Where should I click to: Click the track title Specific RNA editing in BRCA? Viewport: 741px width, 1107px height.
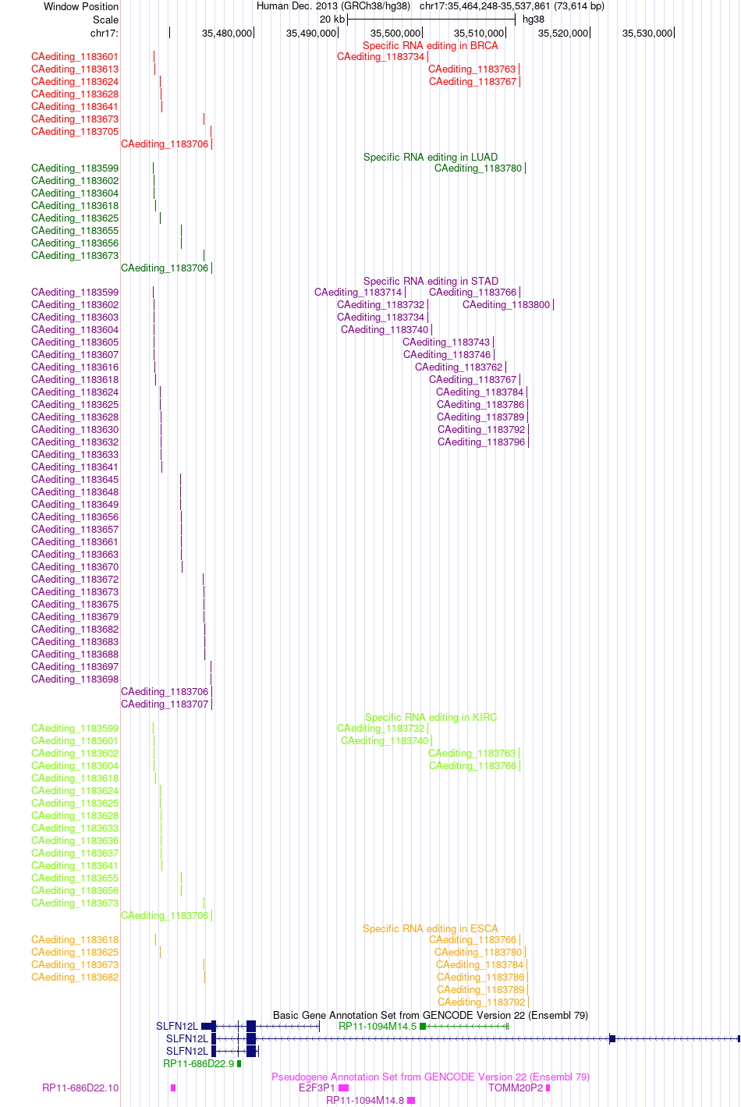(x=431, y=46)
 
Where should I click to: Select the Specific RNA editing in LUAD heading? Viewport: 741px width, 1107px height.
(x=431, y=157)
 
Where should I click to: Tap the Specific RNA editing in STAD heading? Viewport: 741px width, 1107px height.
(x=431, y=281)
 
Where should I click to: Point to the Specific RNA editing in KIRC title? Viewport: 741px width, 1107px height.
(x=431, y=717)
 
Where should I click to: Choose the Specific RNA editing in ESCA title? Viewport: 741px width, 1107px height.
(x=431, y=928)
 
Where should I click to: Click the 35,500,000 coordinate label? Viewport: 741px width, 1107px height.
(x=395, y=33)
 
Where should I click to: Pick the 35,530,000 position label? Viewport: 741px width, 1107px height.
(x=647, y=33)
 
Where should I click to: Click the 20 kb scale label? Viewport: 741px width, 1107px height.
(x=332, y=20)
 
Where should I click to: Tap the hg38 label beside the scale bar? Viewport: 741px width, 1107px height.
(x=534, y=20)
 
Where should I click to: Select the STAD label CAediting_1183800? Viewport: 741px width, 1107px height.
(x=506, y=305)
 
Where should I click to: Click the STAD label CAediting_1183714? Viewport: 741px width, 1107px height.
(x=358, y=293)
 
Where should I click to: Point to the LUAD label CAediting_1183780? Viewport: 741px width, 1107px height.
(x=478, y=169)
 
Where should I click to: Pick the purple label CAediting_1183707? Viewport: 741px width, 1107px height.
(x=165, y=704)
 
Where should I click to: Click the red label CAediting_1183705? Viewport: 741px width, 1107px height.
(x=75, y=132)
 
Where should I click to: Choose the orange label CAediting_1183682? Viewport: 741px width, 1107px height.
(x=75, y=977)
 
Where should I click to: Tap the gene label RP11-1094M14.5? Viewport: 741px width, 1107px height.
(x=378, y=1027)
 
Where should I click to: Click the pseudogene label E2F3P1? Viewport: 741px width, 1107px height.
(x=317, y=1088)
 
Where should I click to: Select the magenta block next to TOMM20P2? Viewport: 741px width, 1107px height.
(x=548, y=1088)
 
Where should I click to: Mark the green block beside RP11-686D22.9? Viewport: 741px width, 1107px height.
(x=239, y=1063)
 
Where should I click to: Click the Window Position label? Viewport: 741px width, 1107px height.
(x=81, y=6)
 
